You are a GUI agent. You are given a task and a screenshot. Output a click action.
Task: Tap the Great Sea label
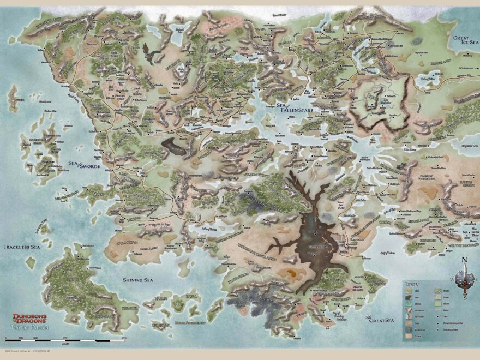pos(381,320)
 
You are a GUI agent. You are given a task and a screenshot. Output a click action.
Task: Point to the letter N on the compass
pos(464,260)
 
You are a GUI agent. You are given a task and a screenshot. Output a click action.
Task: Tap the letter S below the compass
pos(465,297)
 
